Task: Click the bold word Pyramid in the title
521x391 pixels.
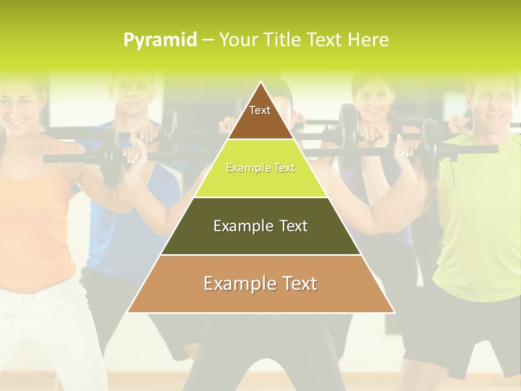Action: (x=160, y=40)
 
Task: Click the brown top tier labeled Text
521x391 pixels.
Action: (x=260, y=114)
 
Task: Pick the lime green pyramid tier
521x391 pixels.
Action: (x=260, y=168)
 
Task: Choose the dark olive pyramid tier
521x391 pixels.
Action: (x=260, y=226)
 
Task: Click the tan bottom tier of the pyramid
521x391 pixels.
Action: (x=260, y=283)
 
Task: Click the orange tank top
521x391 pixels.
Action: (x=33, y=217)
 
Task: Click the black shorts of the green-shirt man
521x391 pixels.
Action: (x=461, y=331)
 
